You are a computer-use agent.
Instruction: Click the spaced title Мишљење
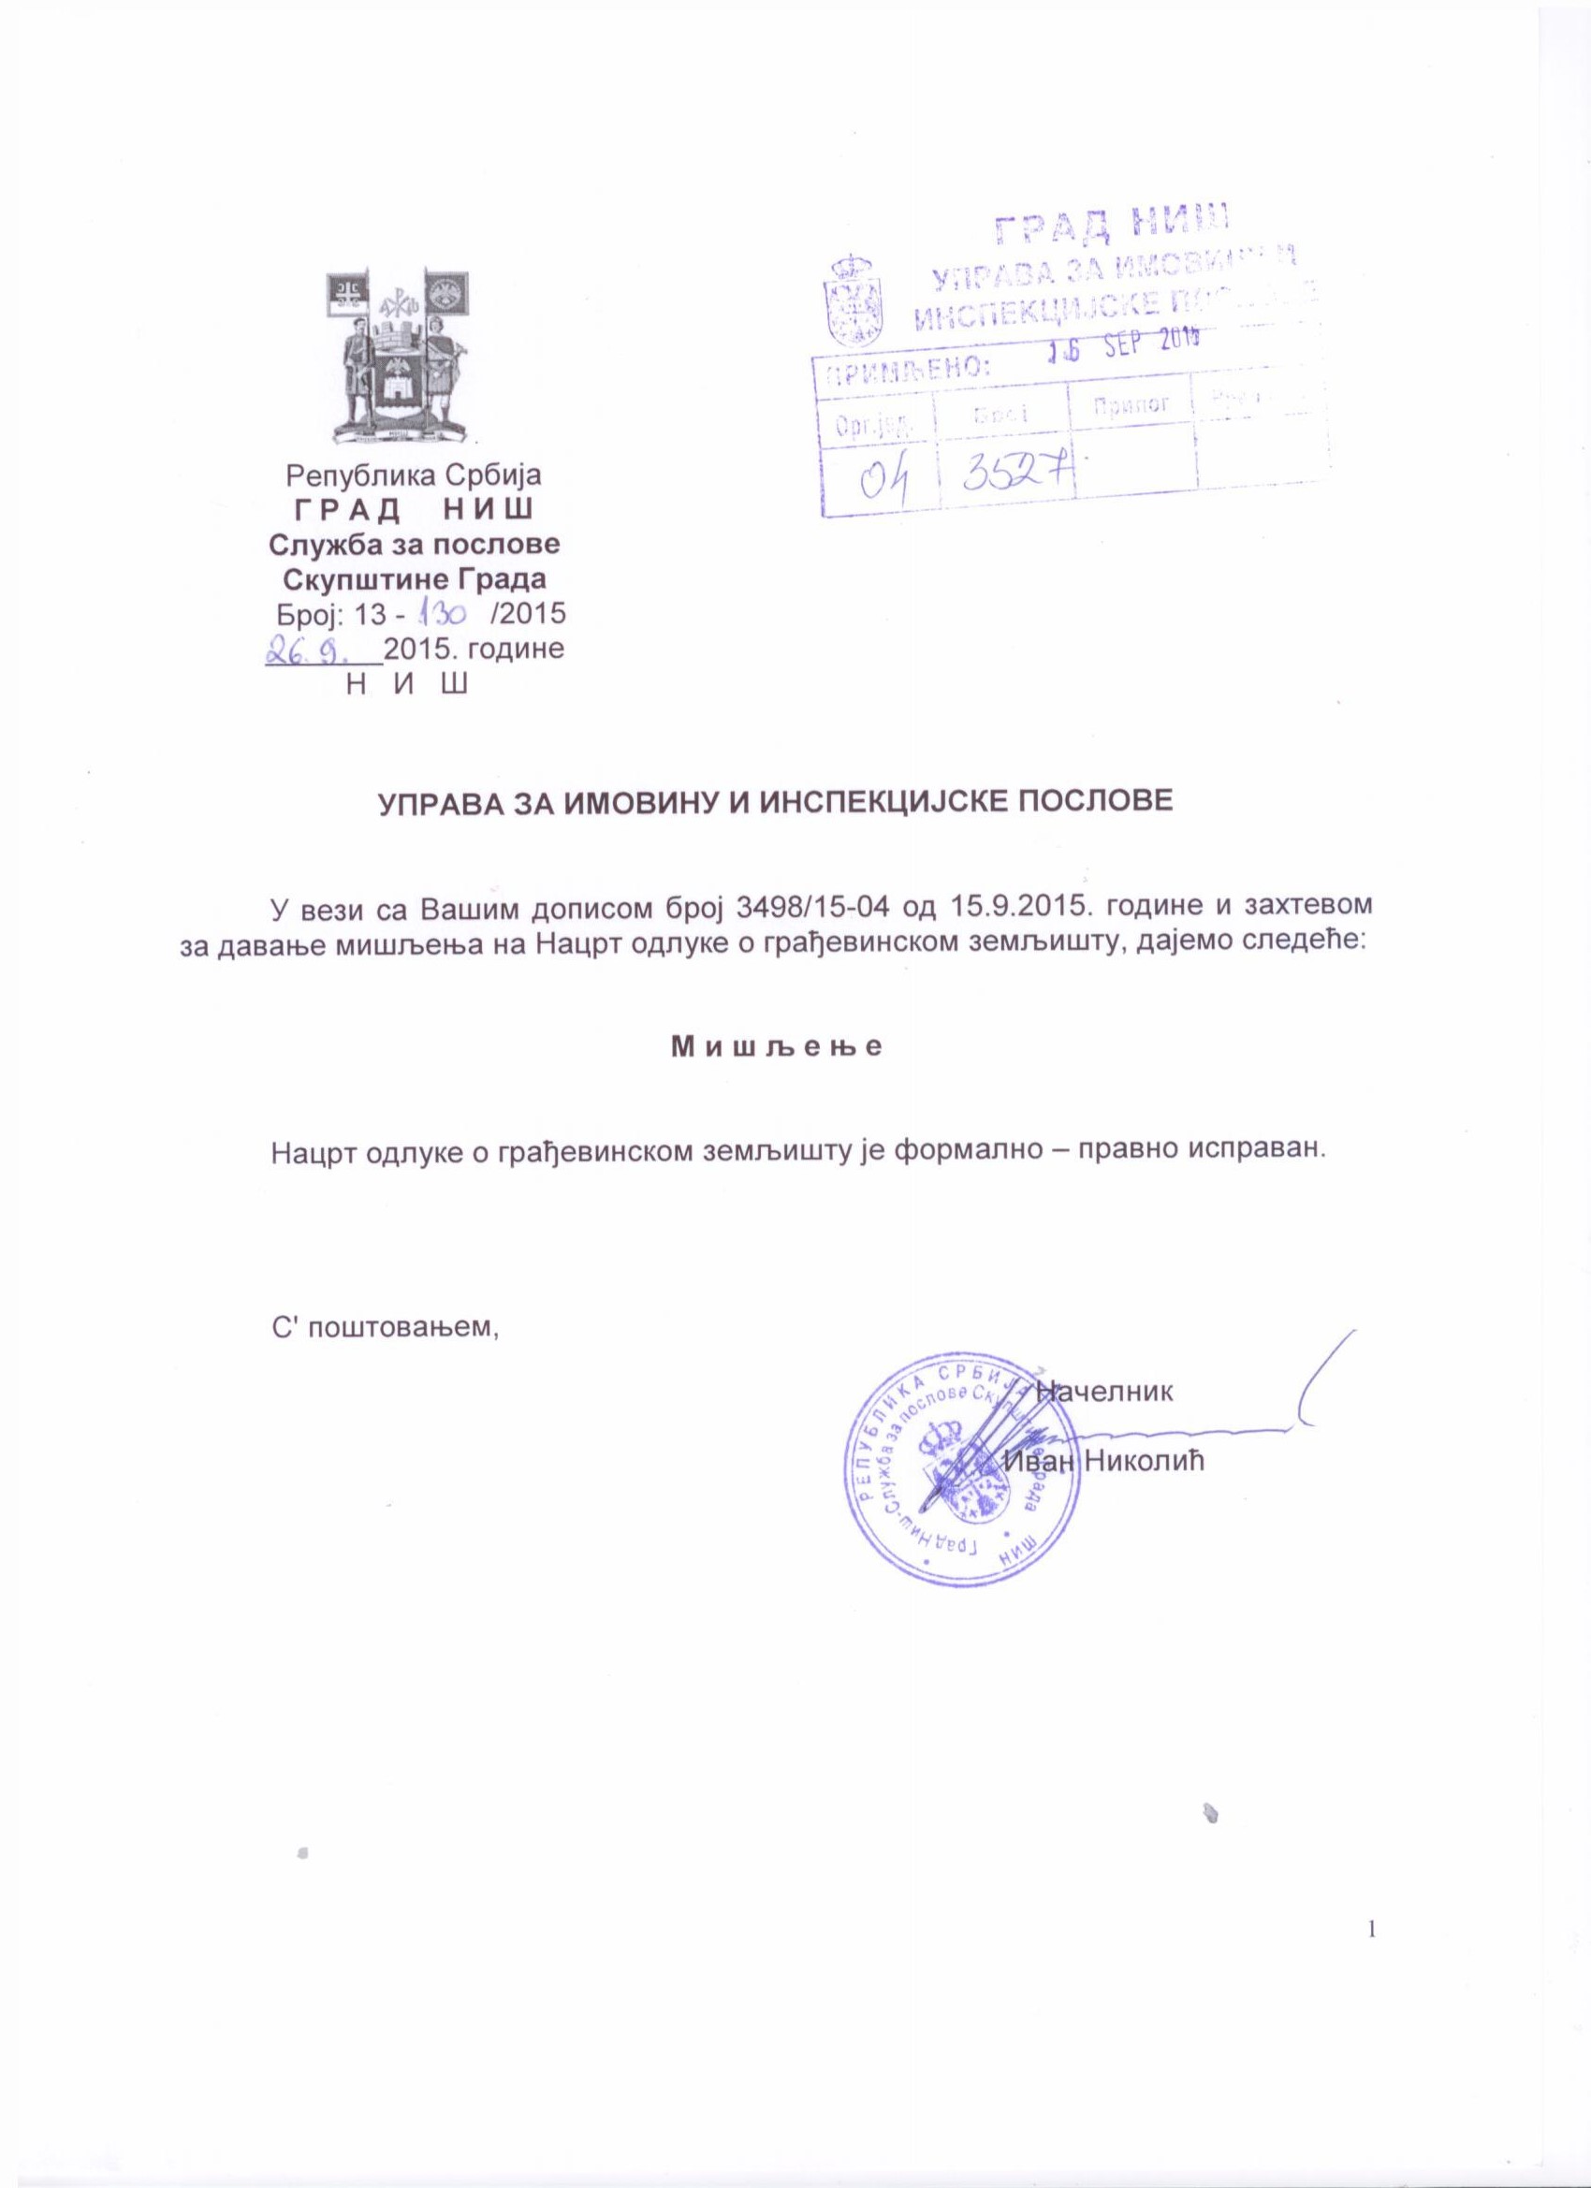tap(777, 1048)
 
